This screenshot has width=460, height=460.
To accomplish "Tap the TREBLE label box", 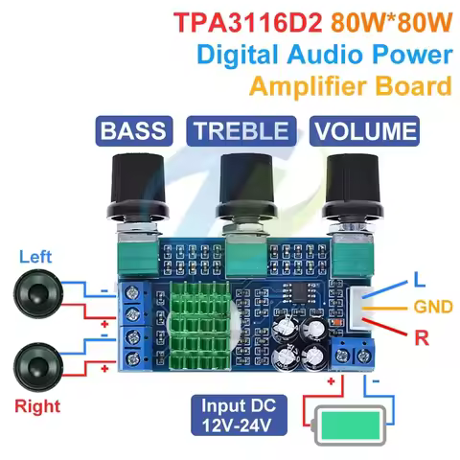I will pyautogui.click(x=240, y=130).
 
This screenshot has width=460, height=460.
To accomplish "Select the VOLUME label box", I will pyautogui.click(x=366, y=130).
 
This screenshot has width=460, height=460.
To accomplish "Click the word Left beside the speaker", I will pyautogui.click(x=35, y=257).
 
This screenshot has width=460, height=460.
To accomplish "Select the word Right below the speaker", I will pyautogui.click(x=35, y=406).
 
